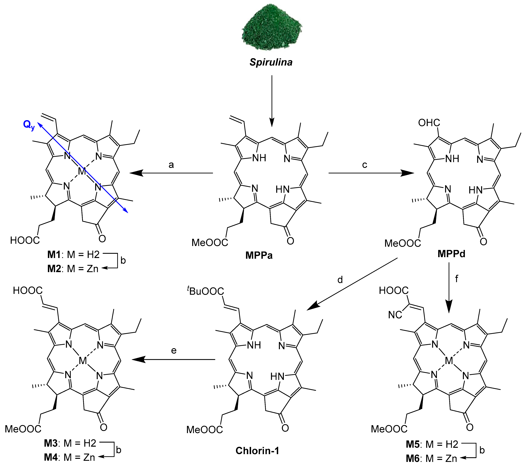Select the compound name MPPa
(259, 255)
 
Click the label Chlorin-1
(257, 450)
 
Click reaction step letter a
(171, 165)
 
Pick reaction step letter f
(457, 278)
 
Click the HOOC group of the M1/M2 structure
(25, 240)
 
